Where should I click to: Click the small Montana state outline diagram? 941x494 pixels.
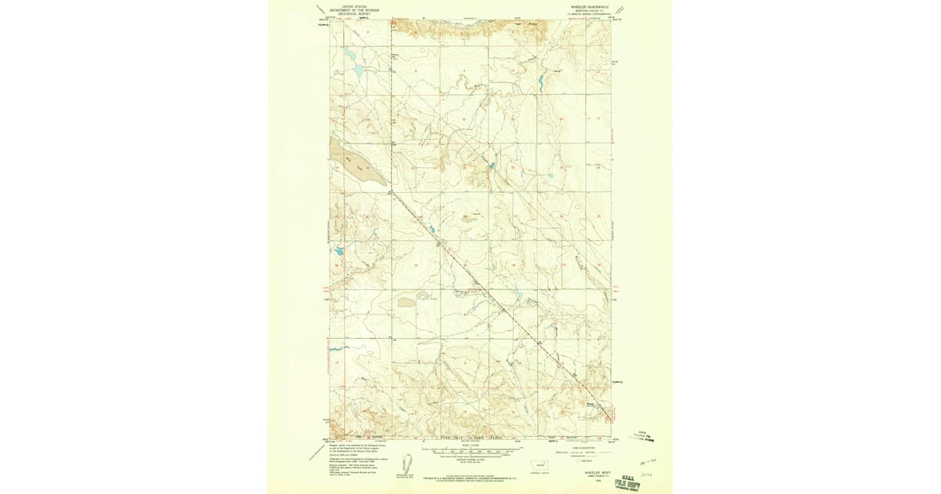(x=540, y=464)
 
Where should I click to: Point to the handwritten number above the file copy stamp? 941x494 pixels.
(x=648, y=474)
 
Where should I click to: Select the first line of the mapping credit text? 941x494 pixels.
(x=353, y=443)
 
